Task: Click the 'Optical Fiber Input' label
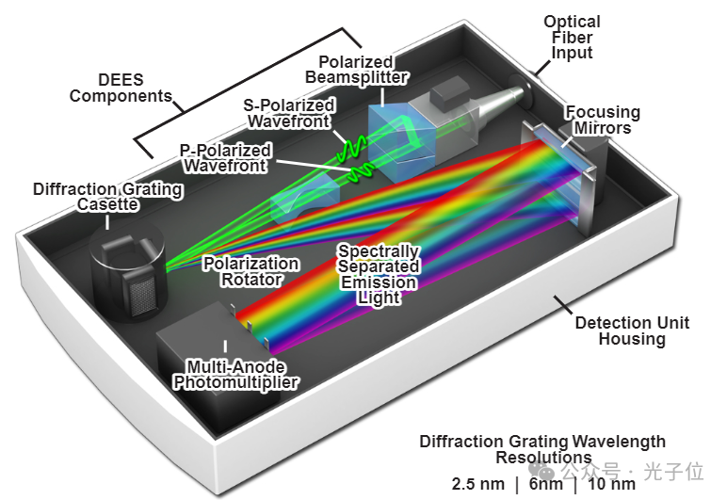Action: point(571,37)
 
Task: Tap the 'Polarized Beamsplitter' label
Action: point(363,67)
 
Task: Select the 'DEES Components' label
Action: point(120,87)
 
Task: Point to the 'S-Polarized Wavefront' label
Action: point(287,112)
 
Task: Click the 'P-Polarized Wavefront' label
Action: point(226,157)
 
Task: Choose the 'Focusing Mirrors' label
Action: point(602,120)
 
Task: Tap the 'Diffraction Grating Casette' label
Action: point(107,196)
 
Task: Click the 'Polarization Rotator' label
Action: point(250,271)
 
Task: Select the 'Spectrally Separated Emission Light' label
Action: point(378,274)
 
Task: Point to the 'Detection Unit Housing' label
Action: point(632,330)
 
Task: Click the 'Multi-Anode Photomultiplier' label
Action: point(234,374)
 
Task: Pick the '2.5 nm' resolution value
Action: point(476,484)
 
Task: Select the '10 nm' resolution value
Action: point(611,484)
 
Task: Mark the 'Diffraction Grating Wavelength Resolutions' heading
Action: point(542,449)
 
